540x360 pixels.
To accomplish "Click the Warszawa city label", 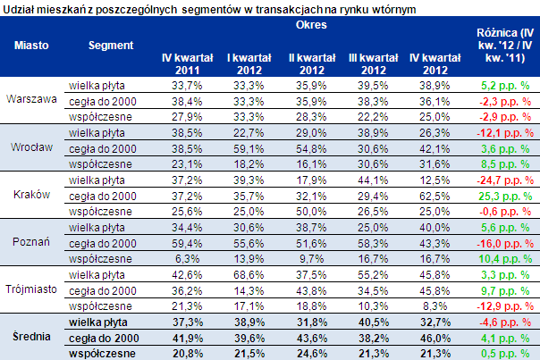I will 32,100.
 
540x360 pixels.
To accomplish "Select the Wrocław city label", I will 32,147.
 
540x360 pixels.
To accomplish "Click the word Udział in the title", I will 20,7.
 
